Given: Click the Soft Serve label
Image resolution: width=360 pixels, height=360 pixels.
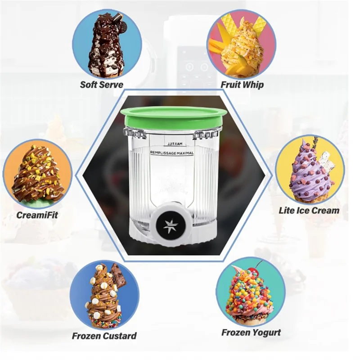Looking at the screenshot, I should pos(101,84).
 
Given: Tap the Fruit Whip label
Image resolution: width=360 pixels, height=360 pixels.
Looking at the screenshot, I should pos(242,84).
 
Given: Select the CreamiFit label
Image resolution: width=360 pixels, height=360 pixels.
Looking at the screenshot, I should pos(37,214).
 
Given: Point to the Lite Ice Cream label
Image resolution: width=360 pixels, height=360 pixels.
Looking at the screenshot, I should pos(309,210).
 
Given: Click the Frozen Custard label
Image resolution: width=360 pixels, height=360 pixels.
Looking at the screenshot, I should pos(104,336).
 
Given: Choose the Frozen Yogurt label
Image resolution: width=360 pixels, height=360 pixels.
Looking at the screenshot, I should pos(251,333).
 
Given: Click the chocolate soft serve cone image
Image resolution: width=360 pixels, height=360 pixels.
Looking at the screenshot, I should pos(106,45).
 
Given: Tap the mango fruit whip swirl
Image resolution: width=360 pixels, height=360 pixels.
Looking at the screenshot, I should pos(241,49).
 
